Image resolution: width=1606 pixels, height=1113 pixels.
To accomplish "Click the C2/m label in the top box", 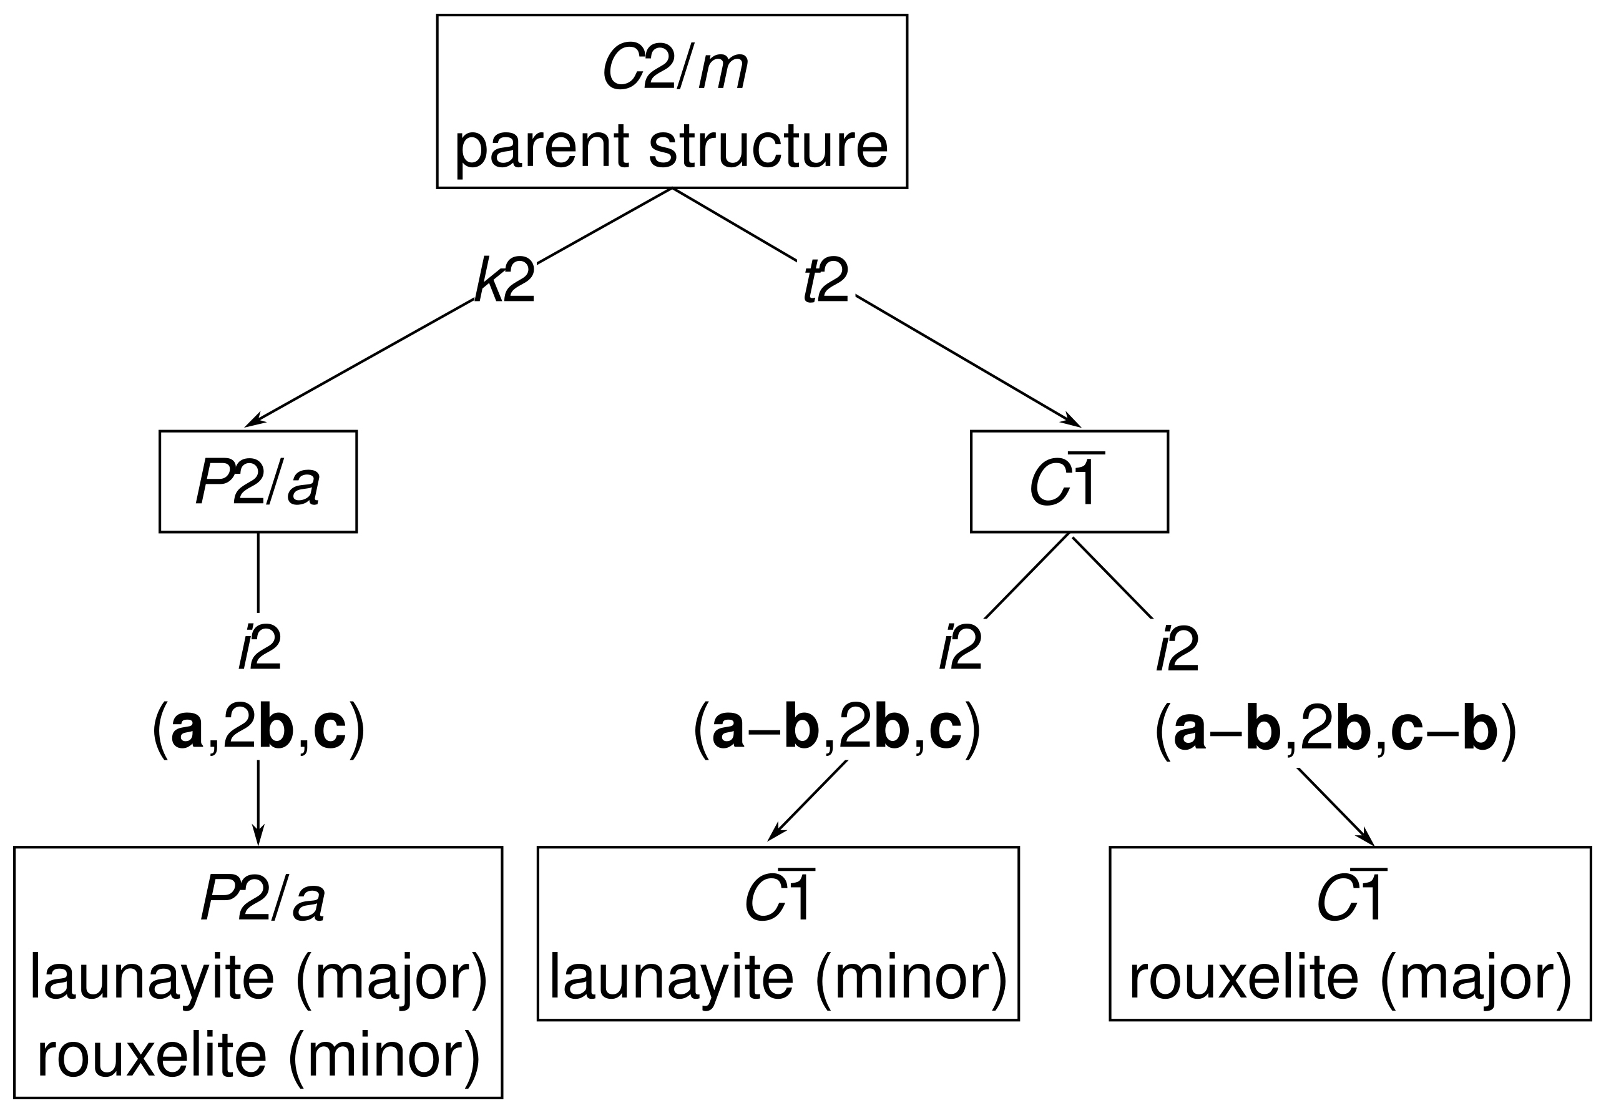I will [673, 69].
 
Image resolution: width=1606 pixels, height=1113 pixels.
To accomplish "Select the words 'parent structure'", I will [671, 145].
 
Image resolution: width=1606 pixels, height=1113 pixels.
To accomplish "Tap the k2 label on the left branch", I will [505, 280].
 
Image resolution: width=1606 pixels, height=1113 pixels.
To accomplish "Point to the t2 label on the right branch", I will [826, 280].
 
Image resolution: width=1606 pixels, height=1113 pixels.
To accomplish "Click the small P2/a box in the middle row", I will [258, 482].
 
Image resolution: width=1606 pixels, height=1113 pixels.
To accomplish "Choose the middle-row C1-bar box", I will [1069, 482].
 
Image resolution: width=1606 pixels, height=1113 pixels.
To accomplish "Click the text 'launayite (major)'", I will [258, 978].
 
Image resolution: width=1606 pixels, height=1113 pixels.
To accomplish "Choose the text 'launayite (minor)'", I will [778, 978].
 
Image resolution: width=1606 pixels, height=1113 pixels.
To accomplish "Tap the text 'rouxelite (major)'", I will [1350, 978].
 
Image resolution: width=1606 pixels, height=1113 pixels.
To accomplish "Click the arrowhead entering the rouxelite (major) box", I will [1368, 839].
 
